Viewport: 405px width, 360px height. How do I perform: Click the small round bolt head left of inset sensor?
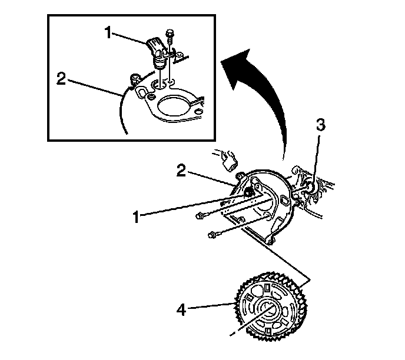[x=135, y=76]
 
